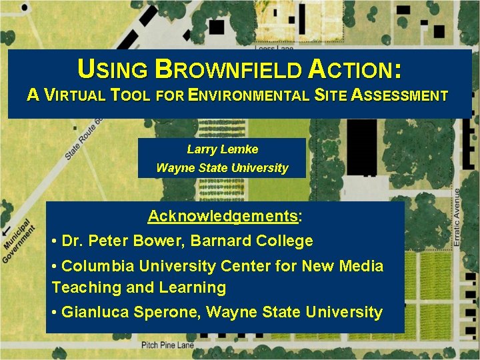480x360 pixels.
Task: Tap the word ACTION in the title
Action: click(x=354, y=69)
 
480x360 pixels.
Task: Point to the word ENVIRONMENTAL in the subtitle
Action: click(x=251, y=96)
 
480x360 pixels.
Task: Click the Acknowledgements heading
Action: click(x=223, y=217)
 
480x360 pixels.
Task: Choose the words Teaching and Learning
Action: click(x=139, y=288)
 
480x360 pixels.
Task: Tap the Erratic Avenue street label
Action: click(x=457, y=217)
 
